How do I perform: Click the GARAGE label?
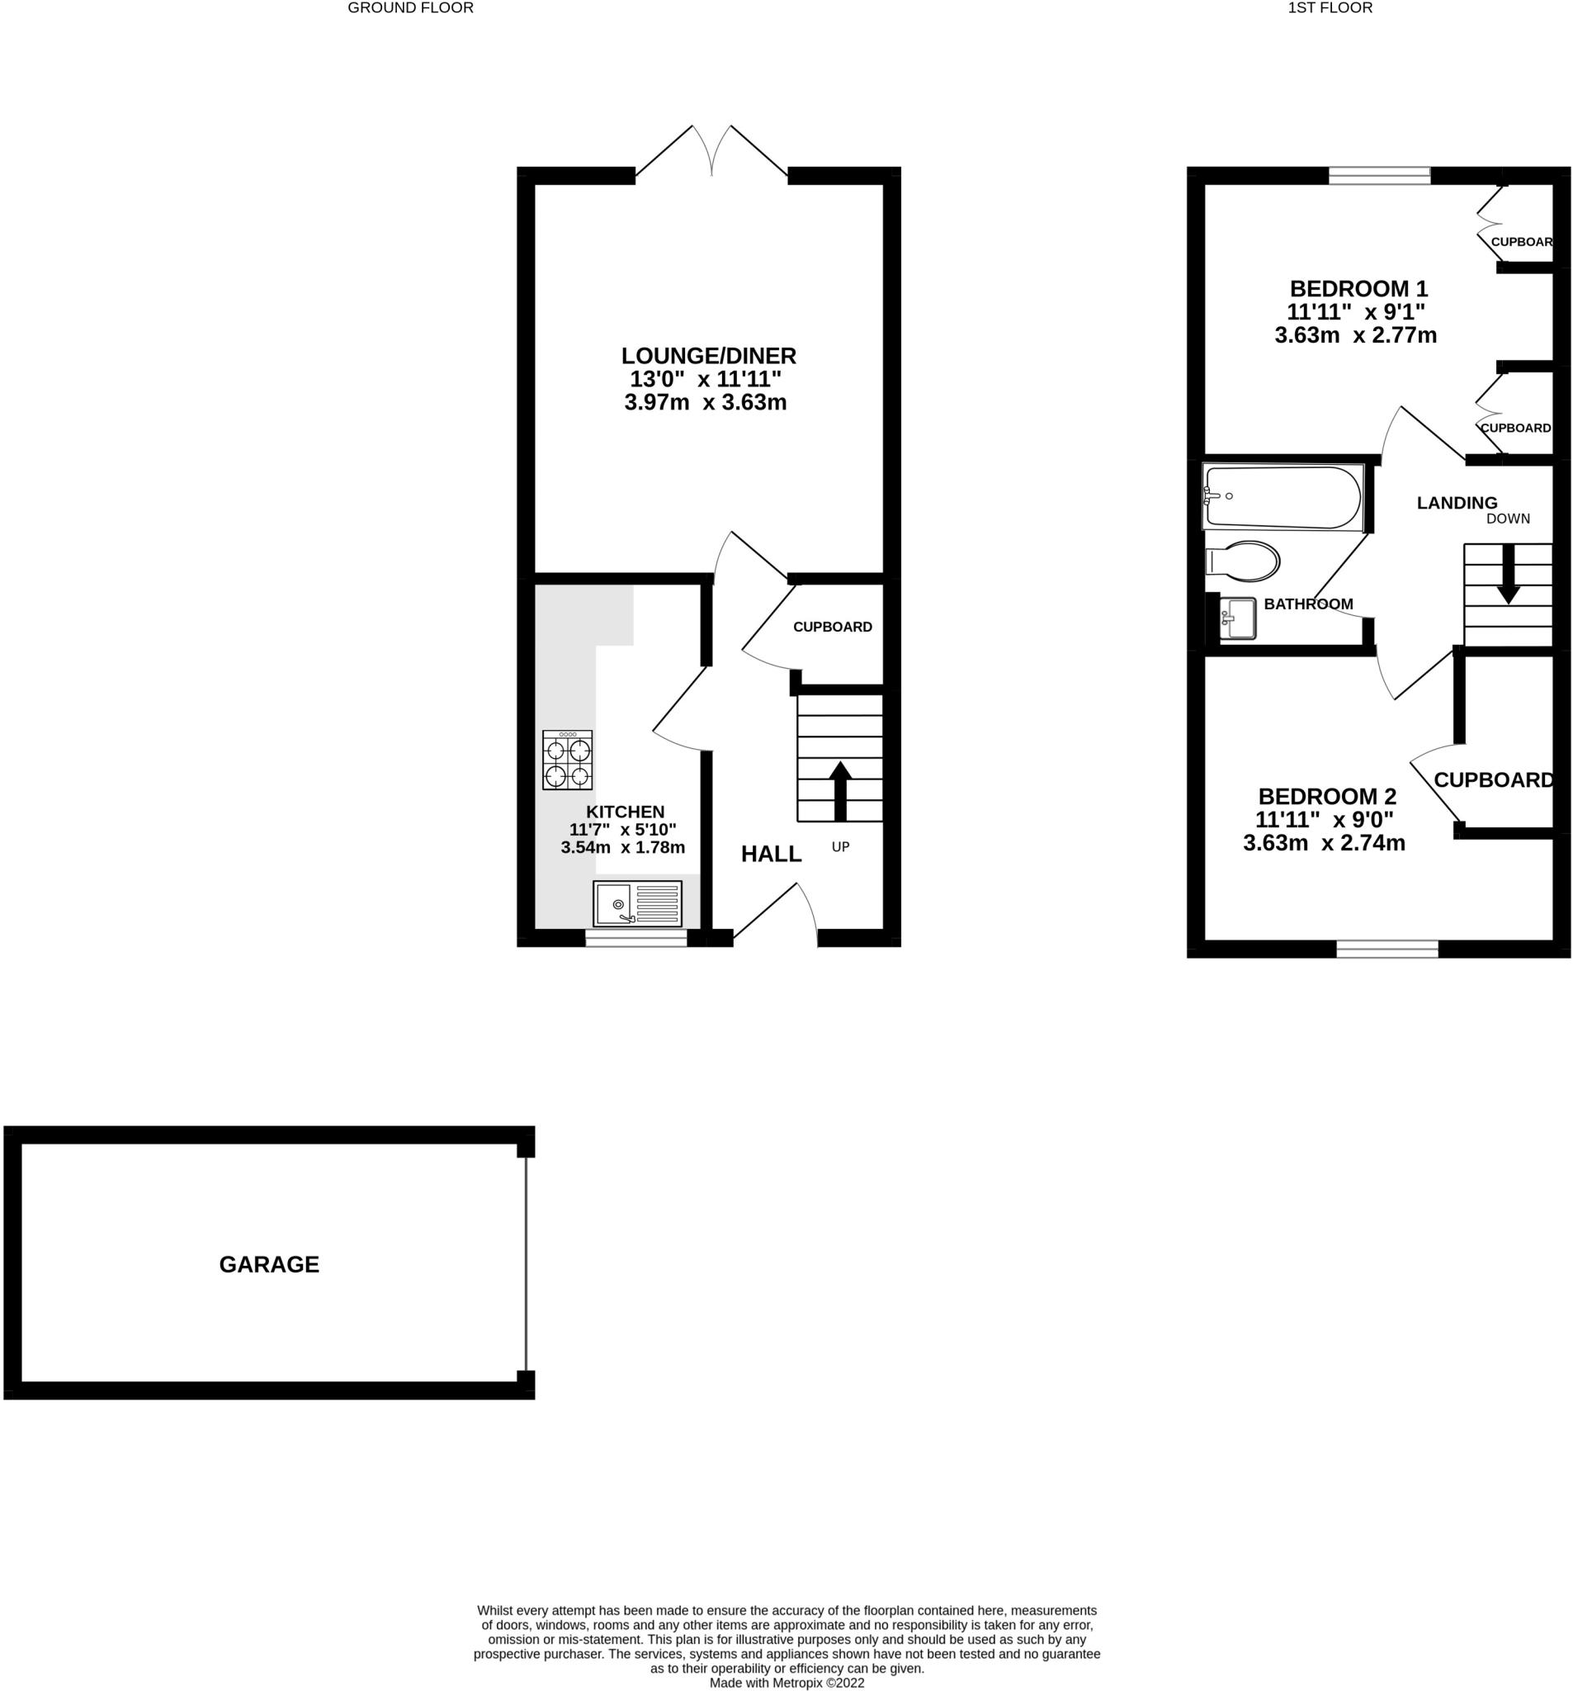[x=269, y=1264]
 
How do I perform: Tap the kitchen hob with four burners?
[x=567, y=760]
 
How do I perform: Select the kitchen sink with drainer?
[x=637, y=903]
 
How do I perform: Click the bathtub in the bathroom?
[x=1282, y=497]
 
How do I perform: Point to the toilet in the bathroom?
[x=1242, y=561]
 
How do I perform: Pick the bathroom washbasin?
[x=1237, y=618]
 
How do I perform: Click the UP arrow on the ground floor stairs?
[x=840, y=790]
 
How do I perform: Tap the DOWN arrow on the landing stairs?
[x=1508, y=573]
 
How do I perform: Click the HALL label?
[x=771, y=854]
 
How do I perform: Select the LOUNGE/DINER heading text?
[x=708, y=356]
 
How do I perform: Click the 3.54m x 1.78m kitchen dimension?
[x=622, y=847]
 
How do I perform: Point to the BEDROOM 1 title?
[x=1358, y=288]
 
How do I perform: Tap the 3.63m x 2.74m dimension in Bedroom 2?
[x=1324, y=843]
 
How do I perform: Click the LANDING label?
[x=1457, y=503]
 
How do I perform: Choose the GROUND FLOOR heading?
[x=411, y=8]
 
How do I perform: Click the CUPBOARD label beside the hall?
[x=833, y=627]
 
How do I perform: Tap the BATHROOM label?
[x=1308, y=604]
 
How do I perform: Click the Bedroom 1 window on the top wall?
[x=1379, y=176]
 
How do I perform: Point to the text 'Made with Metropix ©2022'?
[x=786, y=1683]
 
